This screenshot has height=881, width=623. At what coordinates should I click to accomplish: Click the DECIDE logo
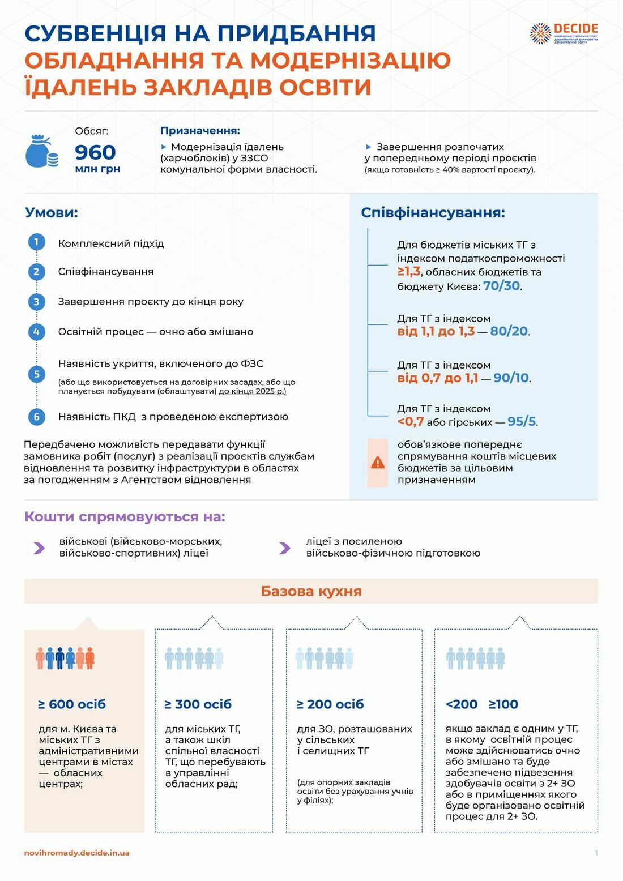click(x=564, y=33)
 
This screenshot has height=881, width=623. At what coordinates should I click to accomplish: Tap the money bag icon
click(x=41, y=151)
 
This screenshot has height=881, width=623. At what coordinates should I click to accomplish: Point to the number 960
click(x=95, y=152)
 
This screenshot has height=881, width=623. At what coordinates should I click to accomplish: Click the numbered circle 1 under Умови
click(x=37, y=242)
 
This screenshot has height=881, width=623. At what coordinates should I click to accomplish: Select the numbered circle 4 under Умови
click(x=37, y=331)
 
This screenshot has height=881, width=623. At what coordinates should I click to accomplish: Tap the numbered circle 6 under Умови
click(x=37, y=417)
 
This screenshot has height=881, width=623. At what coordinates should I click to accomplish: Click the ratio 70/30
click(x=501, y=286)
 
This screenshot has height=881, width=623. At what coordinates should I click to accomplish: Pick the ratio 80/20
click(x=509, y=331)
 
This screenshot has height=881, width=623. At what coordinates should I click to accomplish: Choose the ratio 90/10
click(x=511, y=378)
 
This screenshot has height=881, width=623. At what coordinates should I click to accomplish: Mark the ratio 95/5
click(x=522, y=421)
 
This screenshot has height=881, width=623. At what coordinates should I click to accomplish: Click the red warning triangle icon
click(x=377, y=463)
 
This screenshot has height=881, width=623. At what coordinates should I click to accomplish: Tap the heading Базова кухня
click(x=311, y=591)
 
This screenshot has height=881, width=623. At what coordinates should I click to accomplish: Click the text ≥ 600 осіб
click(x=72, y=704)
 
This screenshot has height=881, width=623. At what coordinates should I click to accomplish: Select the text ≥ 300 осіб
click(x=198, y=704)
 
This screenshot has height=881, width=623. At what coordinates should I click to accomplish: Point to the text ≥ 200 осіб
click(x=330, y=704)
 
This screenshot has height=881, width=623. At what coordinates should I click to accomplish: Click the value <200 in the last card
click(x=462, y=704)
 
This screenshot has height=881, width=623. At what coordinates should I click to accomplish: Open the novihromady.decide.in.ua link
click(x=76, y=853)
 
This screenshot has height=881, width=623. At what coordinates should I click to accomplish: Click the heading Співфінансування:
click(x=433, y=213)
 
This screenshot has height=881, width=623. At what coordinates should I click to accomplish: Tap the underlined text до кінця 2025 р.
click(x=253, y=391)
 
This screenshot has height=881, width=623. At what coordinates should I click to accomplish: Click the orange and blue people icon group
click(x=65, y=658)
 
